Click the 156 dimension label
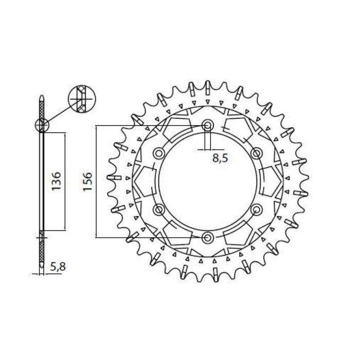coord(87,182)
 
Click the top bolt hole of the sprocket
coord(207,125)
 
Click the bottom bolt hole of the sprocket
coord(207,237)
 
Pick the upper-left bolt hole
coord(158,153)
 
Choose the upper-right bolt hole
coord(256,153)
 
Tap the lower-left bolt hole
coord(158,209)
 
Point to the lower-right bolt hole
coord(256,209)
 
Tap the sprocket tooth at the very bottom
coord(207,277)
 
